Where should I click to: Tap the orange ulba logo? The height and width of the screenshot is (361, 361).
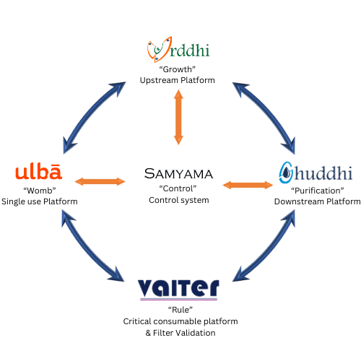38,173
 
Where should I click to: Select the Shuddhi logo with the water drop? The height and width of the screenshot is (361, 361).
316,173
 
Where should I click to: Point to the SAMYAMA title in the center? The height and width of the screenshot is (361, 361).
178,173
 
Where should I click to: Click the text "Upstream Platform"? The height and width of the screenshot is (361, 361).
178,79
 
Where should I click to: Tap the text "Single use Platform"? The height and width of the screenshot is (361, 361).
39,200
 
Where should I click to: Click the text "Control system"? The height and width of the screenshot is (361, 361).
178,199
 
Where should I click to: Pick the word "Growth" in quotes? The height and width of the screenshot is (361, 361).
178,69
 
